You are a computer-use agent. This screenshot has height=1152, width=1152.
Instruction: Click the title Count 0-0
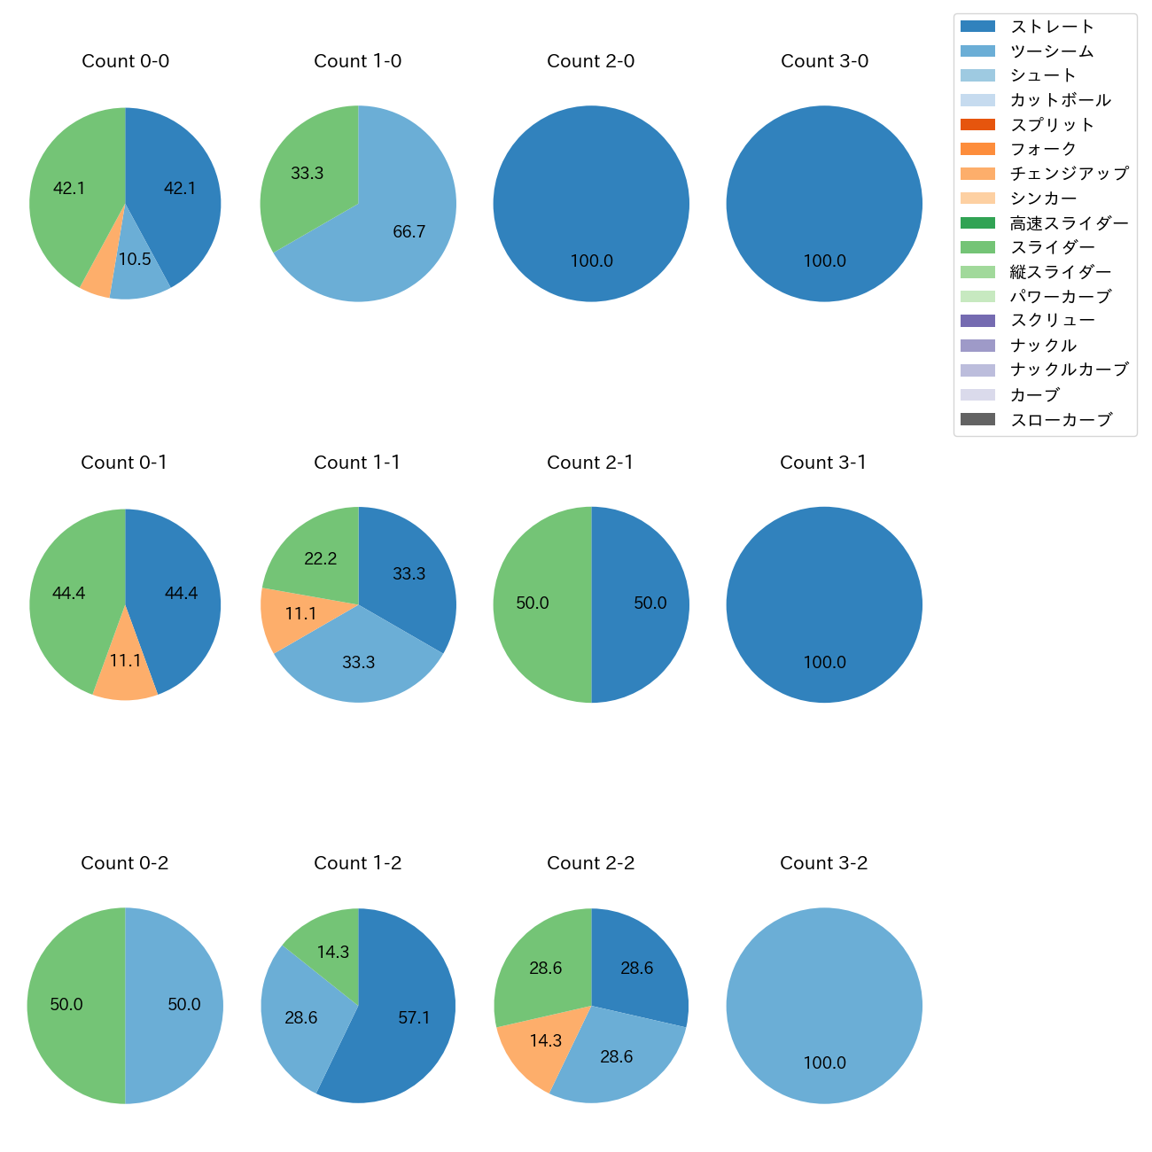tap(125, 61)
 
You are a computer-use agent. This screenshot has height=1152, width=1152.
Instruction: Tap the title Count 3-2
tap(823, 863)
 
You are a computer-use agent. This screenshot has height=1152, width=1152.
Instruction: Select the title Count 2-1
tap(590, 463)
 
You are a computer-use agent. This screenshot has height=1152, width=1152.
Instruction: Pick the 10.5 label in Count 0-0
tap(135, 260)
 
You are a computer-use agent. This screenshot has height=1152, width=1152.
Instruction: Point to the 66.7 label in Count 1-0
tap(409, 232)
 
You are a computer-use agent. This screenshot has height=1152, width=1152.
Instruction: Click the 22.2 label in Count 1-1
tap(320, 559)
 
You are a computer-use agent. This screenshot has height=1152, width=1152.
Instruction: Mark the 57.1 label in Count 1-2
tap(414, 1018)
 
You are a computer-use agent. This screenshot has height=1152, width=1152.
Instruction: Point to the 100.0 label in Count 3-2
tap(824, 1063)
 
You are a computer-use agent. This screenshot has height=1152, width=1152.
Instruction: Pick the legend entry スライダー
tap(1052, 247)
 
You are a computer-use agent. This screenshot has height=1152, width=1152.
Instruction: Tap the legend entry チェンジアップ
tap(1069, 174)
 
